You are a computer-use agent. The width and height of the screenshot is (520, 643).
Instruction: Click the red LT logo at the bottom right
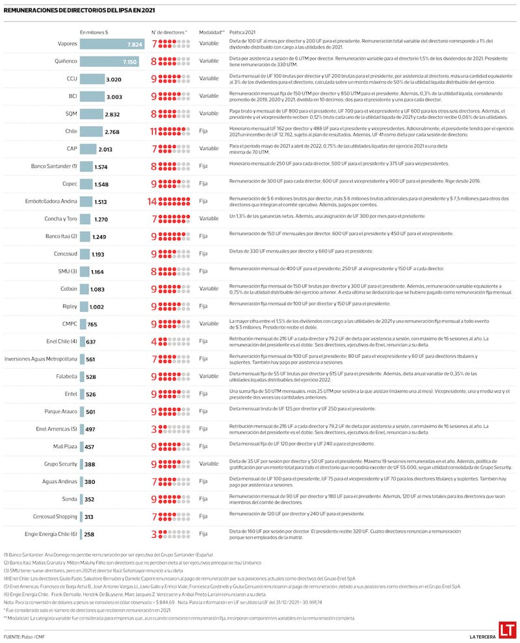pos(507,630)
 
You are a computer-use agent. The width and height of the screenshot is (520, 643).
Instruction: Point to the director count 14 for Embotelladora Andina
pos(153,201)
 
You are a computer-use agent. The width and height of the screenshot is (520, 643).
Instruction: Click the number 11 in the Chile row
pos(154,131)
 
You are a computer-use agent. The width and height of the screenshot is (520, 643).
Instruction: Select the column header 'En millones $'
pos(94,31)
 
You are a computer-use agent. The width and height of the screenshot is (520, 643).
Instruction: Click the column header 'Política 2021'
pos(242,31)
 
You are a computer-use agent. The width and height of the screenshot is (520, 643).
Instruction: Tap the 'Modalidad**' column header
pos(212,31)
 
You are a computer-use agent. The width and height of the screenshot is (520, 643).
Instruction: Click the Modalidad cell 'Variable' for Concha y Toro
pos(209,219)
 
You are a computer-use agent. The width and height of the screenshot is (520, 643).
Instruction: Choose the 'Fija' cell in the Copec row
pos(203,184)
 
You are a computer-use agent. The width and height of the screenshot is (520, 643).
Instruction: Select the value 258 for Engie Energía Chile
pos(89,535)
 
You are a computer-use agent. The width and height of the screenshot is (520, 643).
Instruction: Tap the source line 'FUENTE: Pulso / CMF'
pos(24,636)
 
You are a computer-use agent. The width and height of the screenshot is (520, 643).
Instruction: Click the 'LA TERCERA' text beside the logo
pos(482,636)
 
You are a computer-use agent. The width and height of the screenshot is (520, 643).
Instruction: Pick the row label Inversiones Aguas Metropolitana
pos(40,359)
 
